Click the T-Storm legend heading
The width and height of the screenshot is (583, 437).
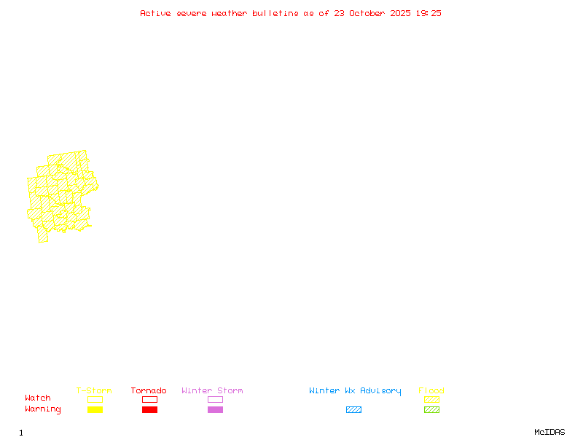94,391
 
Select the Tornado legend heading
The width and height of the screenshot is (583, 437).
149,391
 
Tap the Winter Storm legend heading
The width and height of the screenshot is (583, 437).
212,391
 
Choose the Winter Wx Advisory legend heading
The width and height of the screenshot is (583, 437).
355,391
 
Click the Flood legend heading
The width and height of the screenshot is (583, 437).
431,391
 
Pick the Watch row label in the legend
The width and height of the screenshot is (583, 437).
38,398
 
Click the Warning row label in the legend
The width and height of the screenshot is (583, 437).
43,409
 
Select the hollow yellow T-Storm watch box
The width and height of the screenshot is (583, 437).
95,399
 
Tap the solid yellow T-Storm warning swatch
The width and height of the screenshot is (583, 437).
95,410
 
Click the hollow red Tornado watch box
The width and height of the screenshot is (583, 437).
149,399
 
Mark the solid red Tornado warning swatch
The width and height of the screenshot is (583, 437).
149,410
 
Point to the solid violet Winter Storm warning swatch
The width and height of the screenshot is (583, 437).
215,410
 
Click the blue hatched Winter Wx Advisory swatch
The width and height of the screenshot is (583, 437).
353,410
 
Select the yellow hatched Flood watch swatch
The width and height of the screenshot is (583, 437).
431,399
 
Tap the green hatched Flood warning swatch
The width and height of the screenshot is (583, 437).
431,410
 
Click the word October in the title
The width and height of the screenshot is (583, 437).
372,13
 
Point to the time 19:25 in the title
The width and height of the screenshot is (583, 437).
428,13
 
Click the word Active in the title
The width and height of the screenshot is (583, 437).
155,13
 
